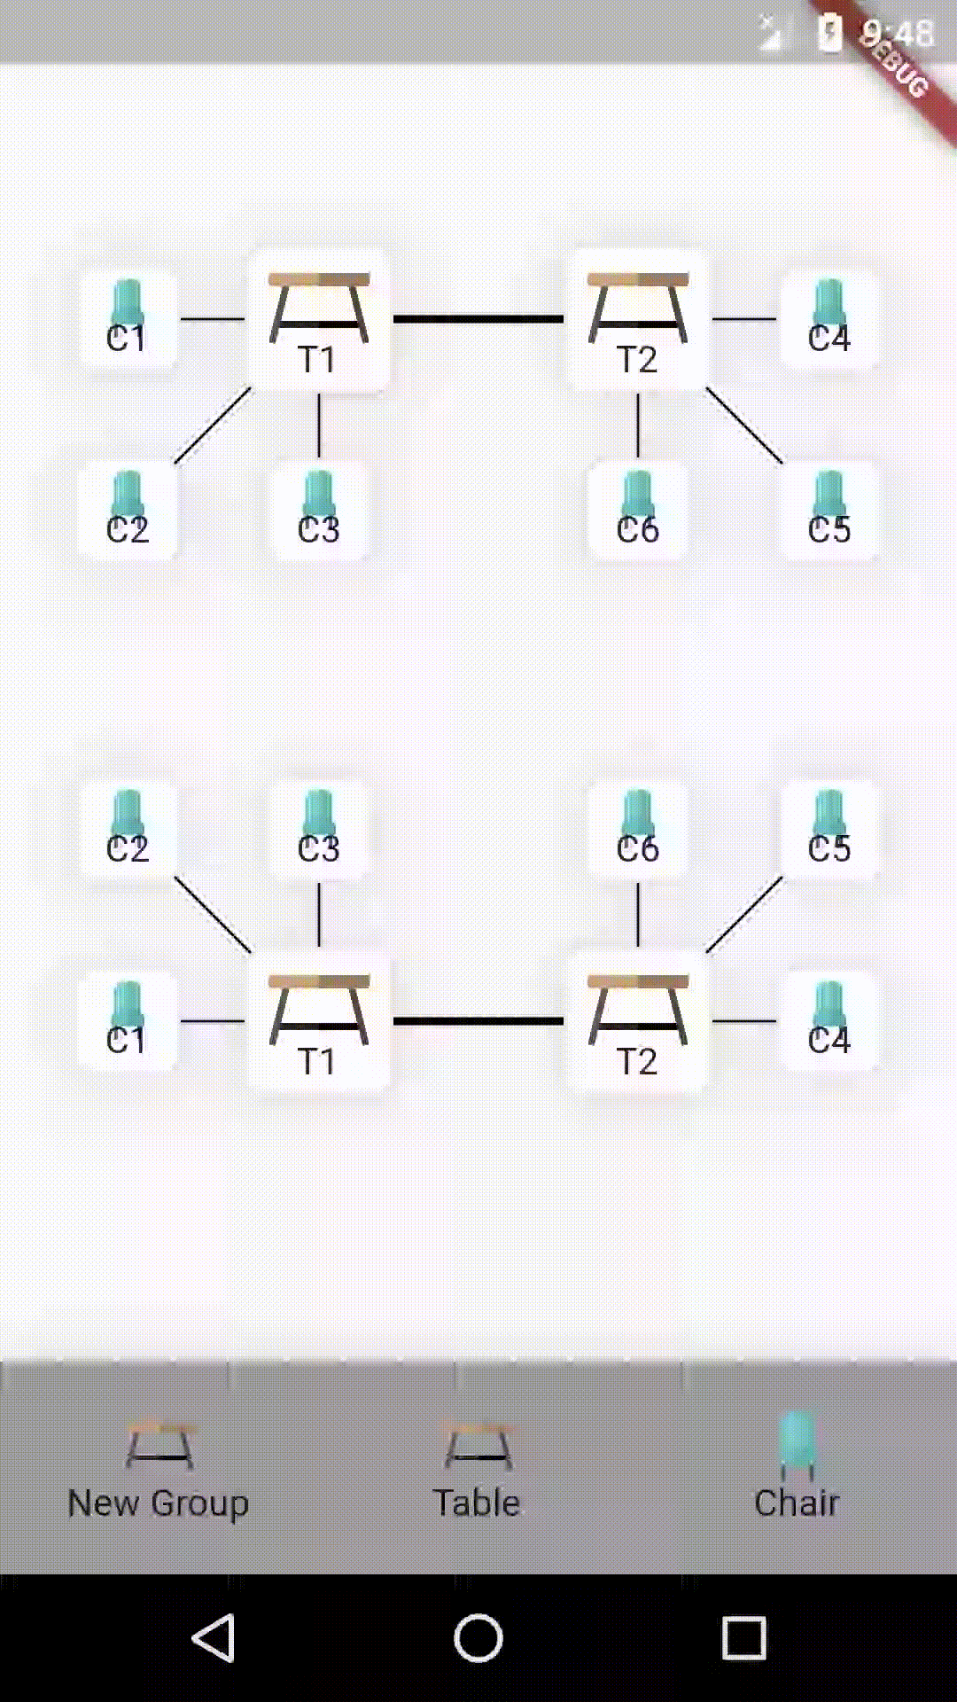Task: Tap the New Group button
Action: pos(159,1472)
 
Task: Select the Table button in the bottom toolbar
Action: pos(478,1472)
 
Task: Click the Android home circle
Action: pos(478,1637)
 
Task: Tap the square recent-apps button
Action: pos(743,1637)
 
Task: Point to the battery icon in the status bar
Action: pos(829,34)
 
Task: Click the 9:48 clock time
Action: pos(897,34)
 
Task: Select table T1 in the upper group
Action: pos(319,320)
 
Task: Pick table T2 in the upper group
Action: pos(638,320)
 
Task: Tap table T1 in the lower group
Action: pos(319,1021)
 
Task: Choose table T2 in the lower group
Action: pos(638,1021)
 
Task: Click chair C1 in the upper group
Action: pos(128,319)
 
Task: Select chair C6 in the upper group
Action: pos(638,511)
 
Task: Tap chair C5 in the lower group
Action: pos(829,830)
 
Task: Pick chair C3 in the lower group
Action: pos(319,830)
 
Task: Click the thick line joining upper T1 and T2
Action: pos(478,319)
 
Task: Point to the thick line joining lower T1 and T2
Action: pos(478,1021)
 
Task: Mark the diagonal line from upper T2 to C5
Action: pos(744,425)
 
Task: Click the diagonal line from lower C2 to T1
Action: pos(213,915)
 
